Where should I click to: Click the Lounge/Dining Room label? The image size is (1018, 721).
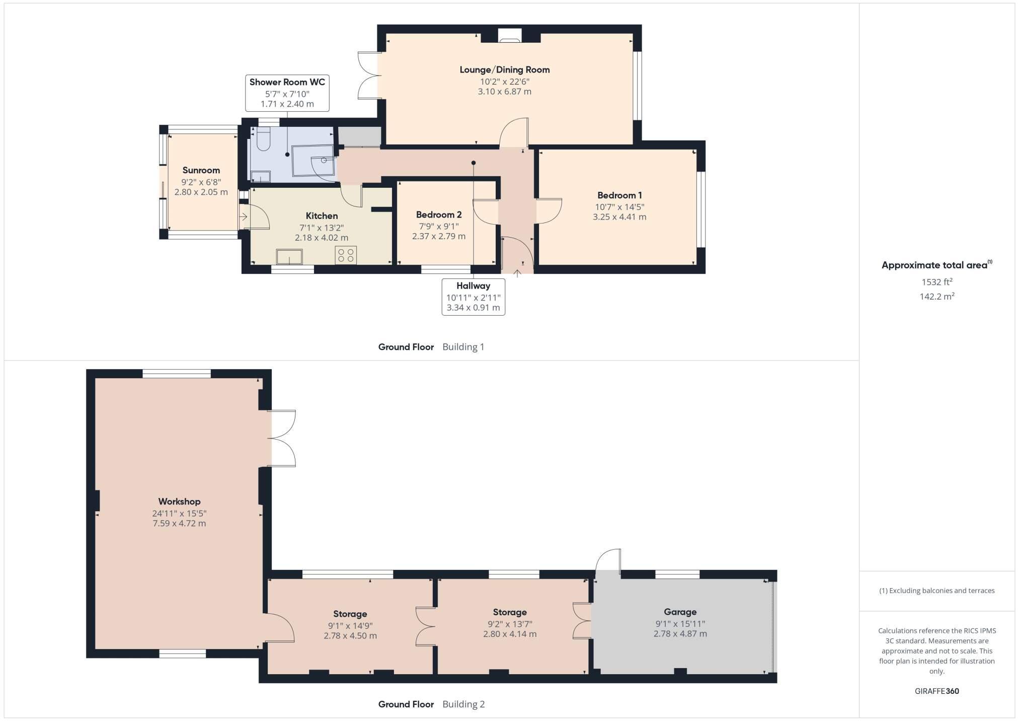504,70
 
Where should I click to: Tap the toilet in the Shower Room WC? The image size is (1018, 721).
264,139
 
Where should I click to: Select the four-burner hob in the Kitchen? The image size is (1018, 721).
346,255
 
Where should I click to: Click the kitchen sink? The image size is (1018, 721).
289,257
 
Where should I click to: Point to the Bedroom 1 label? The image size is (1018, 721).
619,195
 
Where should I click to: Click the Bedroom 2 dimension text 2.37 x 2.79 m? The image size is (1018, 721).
439,236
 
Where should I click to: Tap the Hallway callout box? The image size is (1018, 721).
474,297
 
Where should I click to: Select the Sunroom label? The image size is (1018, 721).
201,170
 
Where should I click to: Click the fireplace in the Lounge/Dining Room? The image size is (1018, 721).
509,35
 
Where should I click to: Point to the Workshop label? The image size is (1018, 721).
179,501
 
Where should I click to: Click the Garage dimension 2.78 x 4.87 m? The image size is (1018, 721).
680,634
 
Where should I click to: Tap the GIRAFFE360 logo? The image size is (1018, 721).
937,691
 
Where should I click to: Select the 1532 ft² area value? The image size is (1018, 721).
937,282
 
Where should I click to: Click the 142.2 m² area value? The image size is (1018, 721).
937,296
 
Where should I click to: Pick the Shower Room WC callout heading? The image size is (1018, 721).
287,82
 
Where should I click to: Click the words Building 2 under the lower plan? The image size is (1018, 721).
463,704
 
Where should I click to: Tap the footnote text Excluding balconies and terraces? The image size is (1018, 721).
942,591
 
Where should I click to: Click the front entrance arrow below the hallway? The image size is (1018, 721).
517,273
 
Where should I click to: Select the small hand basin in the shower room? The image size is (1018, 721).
261,176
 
